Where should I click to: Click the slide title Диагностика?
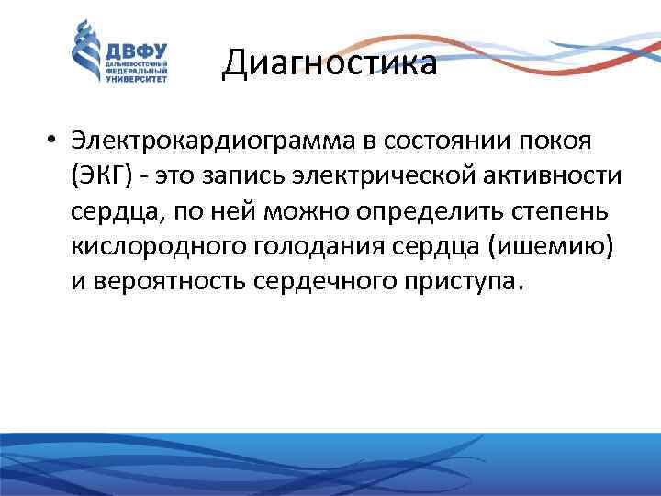tap(330, 63)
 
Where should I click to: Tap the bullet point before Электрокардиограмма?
tap(57, 142)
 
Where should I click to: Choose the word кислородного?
tap(145, 246)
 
